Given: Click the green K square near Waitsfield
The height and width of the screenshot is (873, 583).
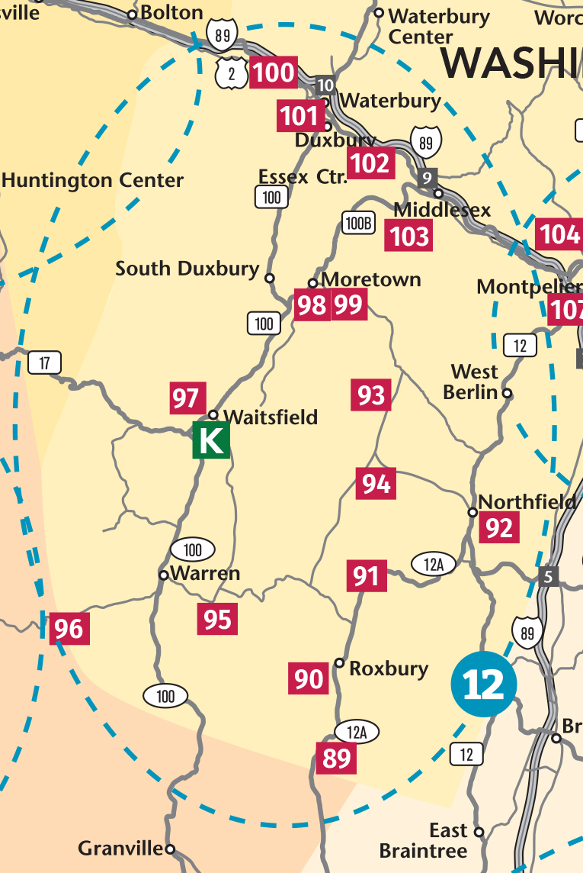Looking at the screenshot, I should tap(210, 441).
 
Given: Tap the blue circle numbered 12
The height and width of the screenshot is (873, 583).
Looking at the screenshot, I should tap(484, 684).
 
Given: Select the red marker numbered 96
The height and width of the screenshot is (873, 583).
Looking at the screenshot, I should tap(69, 629).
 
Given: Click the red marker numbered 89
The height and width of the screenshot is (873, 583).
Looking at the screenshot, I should tap(336, 758).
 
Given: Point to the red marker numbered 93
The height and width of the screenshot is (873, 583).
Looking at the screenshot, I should tap(371, 395).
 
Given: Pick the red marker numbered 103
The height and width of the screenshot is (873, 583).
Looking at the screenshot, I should tap(410, 236).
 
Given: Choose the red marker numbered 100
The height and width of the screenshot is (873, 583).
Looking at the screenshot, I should tap(273, 72).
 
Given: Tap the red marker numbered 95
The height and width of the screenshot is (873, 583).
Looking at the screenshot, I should tap(217, 619).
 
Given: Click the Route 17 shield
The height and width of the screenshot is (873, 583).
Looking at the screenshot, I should tap(44, 363).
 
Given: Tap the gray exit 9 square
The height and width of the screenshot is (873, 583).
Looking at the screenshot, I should tap(428, 178).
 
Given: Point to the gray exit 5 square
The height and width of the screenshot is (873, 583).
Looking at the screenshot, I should tap(547, 576).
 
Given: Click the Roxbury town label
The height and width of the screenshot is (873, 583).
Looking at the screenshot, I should tap(389, 669).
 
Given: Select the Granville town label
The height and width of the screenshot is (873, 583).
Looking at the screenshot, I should tap(120, 849).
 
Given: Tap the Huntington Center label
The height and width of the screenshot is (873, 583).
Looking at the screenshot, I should tap(93, 181).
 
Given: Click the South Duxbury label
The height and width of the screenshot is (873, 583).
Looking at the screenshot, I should tap(187, 269).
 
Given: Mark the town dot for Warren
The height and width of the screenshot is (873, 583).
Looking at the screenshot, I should tap(163, 575).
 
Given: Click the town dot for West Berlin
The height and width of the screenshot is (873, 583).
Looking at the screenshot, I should tap(508, 394).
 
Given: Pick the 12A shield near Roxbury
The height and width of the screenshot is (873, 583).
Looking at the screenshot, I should tap(357, 733).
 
